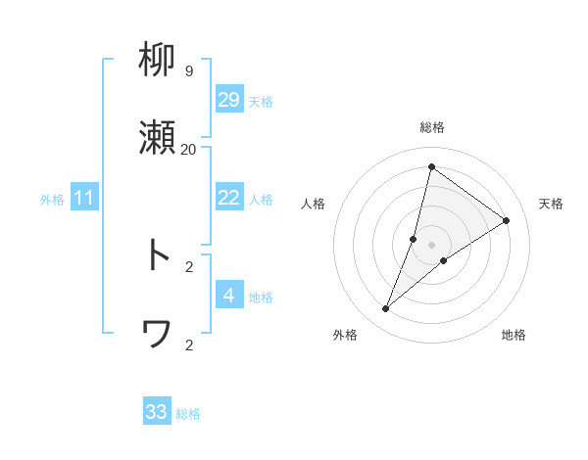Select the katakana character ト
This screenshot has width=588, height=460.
click(x=157, y=255)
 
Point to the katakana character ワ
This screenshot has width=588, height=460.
click(x=157, y=335)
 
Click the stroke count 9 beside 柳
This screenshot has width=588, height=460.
click(x=189, y=71)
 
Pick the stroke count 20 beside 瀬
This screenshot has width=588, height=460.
click(x=188, y=149)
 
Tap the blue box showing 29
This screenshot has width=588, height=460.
click(x=228, y=99)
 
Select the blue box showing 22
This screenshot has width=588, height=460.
click(x=228, y=198)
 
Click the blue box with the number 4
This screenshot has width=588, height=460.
click(x=228, y=296)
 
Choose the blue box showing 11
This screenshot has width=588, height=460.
click(x=83, y=199)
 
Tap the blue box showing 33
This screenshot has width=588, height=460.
click(x=157, y=412)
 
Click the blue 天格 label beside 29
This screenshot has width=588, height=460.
click(x=261, y=102)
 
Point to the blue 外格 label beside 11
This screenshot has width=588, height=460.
click(x=52, y=200)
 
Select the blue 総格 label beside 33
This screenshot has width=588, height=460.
click(x=188, y=414)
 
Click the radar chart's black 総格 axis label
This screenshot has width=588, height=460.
click(x=431, y=127)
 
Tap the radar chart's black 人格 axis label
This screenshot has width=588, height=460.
click(x=313, y=204)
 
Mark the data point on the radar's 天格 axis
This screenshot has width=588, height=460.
click(x=507, y=220)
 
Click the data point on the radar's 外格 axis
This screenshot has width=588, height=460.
click(x=386, y=309)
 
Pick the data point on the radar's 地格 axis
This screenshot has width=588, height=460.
click(x=444, y=260)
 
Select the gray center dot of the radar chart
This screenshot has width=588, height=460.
click(x=432, y=244)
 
